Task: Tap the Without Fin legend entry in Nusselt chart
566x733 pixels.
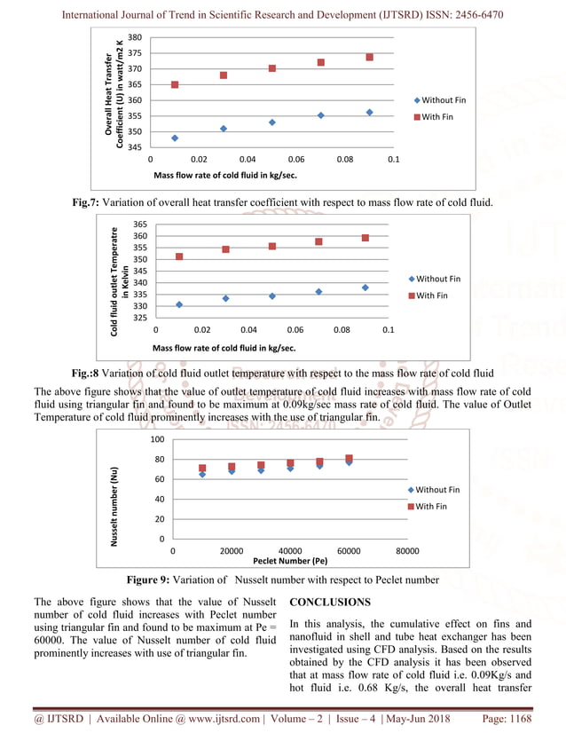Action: click(437, 490)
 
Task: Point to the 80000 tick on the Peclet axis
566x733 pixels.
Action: click(407, 551)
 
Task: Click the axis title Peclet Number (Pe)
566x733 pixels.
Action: click(290, 561)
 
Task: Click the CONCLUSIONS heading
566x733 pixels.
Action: click(329, 603)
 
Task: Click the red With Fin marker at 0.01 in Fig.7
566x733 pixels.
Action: click(175, 85)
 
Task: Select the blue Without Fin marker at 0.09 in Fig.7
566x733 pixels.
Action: click(369, 113)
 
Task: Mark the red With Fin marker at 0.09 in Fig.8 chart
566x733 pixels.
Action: click(365, 238)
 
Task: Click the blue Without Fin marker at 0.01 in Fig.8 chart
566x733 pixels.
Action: click(179, 305)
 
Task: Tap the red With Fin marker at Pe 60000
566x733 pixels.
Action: click(349, 459)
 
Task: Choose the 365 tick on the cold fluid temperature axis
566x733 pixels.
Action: click(140, 225)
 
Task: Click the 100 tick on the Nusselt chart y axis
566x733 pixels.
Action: click(157, 440)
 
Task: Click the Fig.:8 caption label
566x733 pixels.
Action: click(87, 374)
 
